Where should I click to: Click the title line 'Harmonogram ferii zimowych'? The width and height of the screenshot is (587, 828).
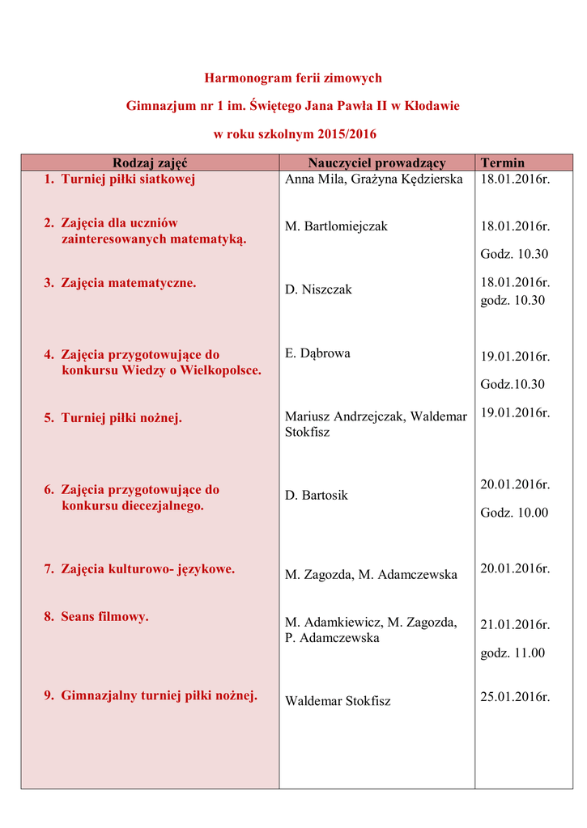(292, 78)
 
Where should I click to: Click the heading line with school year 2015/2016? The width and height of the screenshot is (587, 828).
(295, 133)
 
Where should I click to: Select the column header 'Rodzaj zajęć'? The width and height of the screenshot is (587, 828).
(150, 163)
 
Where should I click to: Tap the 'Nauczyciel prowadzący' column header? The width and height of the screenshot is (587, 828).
(376, 163)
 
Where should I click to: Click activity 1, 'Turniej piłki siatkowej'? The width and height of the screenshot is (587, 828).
(128, 180)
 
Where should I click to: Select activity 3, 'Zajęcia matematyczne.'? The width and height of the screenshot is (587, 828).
(128, 283)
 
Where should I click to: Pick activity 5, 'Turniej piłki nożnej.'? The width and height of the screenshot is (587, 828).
(121, 418)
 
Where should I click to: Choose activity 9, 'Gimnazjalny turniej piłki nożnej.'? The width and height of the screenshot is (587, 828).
(159, 695)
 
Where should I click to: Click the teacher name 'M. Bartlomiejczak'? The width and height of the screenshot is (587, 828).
(336, 226)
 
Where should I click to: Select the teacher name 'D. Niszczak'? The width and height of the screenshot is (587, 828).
(318, 289)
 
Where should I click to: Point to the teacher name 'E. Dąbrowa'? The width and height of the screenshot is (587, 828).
(317, 353)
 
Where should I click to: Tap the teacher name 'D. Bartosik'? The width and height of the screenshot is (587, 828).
(317, 495)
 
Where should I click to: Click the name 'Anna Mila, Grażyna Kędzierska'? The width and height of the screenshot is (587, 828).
(374, 180)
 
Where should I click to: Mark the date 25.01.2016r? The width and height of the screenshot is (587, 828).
(515, 696)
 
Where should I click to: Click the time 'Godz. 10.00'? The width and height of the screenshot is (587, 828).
(514, 513)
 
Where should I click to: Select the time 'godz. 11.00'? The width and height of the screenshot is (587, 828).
(513, 653)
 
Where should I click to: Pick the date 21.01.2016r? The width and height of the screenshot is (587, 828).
(515, 625)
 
